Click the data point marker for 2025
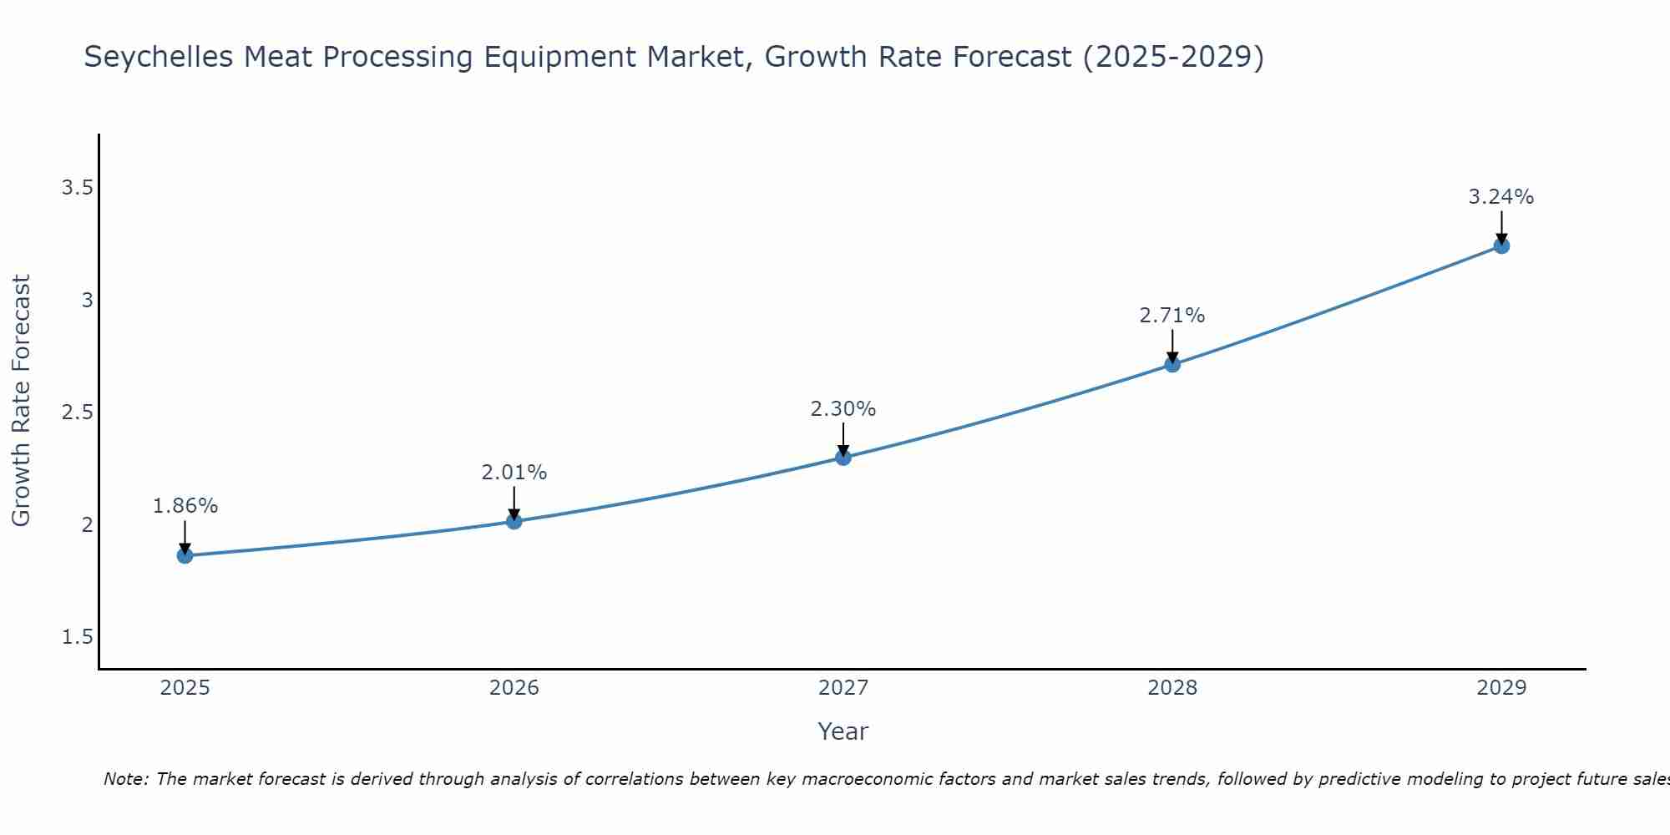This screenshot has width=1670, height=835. (x=185, y=555)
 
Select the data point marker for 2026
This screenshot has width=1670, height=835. (x=514, y=521)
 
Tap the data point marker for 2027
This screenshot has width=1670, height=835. (x=843, y=457)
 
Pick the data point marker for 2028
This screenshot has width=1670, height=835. (x=1172, y=364)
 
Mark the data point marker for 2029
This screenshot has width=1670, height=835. (x=1500, y=245)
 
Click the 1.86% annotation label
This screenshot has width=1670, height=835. (x=185, y=506)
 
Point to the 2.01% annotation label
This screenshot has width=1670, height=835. (x=514, y=473)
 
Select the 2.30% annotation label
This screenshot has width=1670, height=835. (x=843, y=409)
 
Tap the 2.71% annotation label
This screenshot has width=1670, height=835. (x=1172, y=316)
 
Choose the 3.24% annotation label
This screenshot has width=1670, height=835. (x=1500, y=197)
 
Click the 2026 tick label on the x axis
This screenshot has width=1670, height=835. (x=514, y=688)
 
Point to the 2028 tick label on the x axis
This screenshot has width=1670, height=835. (x=1172, y=688)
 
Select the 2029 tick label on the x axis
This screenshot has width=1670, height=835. (x=1500, y=688)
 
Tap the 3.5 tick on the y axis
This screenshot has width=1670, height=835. (x=77, y=188)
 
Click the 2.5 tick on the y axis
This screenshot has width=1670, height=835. (x=77, y=412)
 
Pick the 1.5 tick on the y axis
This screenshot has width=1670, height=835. (x=77, y=637)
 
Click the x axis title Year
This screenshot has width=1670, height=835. (x=843, y=731)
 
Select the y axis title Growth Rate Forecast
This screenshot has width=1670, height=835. (x=21, y=401)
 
